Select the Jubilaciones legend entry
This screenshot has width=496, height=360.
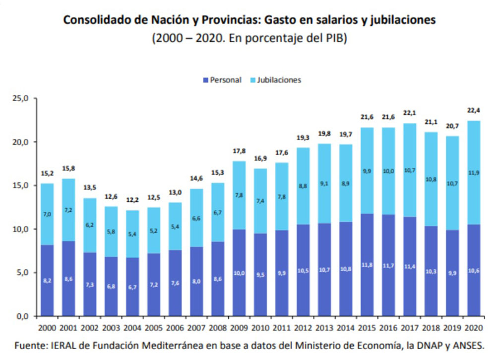(279, 80)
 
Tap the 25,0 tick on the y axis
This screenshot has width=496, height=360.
(22, 99)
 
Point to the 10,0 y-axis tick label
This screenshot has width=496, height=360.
(22, 229)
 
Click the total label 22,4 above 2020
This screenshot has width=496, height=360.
(474, 110)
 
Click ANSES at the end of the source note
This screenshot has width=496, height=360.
(465, 345)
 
